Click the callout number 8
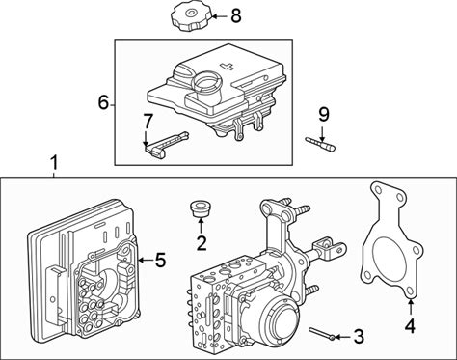tap(236, 15)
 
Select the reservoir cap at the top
tap(189, 19)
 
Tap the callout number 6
tap(103, 102)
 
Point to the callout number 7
tap(148, 122)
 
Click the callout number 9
tap(324, 115)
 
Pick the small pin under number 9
tap(320, 144)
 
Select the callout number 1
tap(55, 163)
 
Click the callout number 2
tap(202, 243)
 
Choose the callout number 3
tap(358, 337)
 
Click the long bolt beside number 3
tap(322, 333)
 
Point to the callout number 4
tap(410, 326)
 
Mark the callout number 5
tap(160, 260)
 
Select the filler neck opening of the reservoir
tap(206, 81)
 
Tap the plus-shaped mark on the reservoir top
tap(227, 66)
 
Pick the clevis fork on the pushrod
tap(331, 249)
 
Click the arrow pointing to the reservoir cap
tap(219, 15)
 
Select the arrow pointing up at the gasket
tap(411, 306)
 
